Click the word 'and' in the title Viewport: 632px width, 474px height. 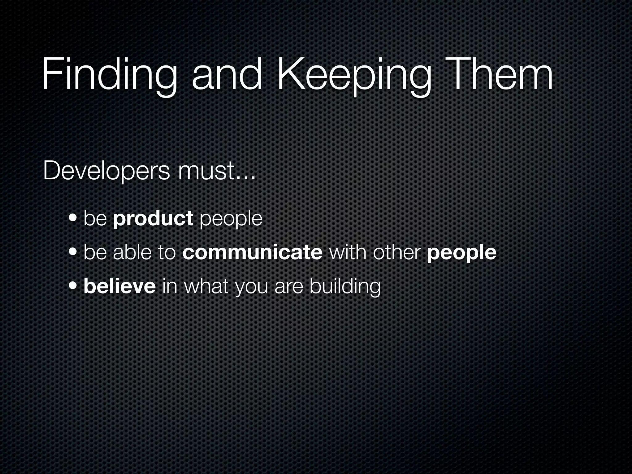point(227,76)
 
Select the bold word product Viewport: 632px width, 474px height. point(153,218)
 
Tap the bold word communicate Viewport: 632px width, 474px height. point(252,252)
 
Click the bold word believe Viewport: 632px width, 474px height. point(120,286)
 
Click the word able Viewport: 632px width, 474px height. point(132,252)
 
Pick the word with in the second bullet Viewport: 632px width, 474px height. point(348,252)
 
